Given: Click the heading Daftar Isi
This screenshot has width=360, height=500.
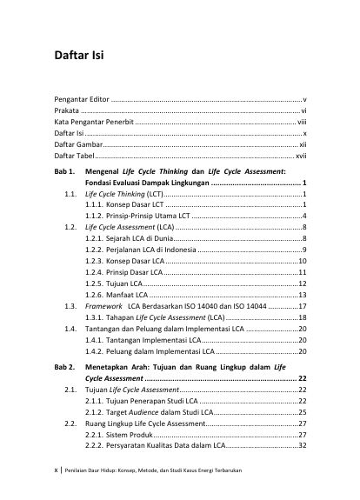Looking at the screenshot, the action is click(x=78, y=58).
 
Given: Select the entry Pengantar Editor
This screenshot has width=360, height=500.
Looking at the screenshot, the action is click(x=81, y=102).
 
